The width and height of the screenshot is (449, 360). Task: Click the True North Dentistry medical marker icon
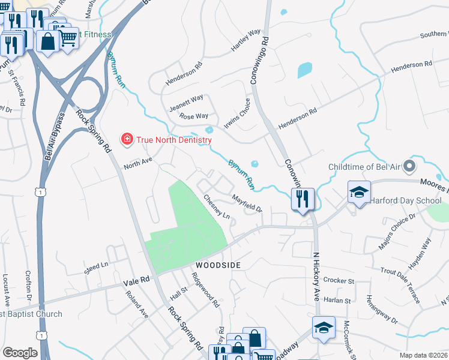coord(127,140)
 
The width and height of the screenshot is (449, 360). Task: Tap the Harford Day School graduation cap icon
coord(359,192)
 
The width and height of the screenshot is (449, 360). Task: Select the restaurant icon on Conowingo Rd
coord(303,199)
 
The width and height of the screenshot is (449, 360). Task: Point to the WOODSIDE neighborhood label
coord(217,265)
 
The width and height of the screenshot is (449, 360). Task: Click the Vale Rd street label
coord(136,280)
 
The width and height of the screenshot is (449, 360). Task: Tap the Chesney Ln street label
coord(217,206)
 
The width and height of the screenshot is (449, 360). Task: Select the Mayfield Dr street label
coord(247,203)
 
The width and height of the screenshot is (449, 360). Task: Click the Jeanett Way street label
coord(186,100)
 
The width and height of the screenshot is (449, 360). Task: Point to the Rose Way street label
coord(193,116)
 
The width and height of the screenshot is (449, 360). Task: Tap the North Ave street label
coord(138,163)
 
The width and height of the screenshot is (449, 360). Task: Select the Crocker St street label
coord(339,280)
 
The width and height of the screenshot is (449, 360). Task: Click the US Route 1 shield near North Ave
coord(40,191)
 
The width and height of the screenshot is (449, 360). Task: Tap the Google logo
coord(20,353)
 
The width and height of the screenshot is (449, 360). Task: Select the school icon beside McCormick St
coord(323,327)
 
